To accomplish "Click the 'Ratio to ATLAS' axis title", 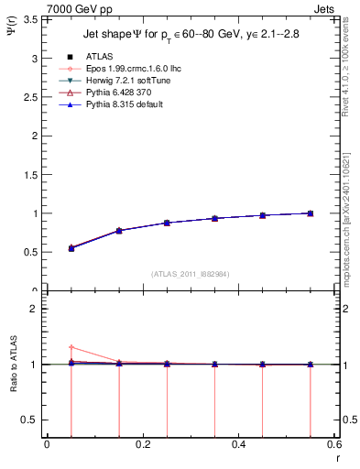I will [x=11, y=365].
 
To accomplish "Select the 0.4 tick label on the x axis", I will [x=238, y=445].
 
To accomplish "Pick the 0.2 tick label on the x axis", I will [x=142, y=445].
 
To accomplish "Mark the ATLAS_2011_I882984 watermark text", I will [x=189, y=274].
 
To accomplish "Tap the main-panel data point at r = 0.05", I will [x=71, y=248].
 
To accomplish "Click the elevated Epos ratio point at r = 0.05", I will [x=71, y=347].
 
